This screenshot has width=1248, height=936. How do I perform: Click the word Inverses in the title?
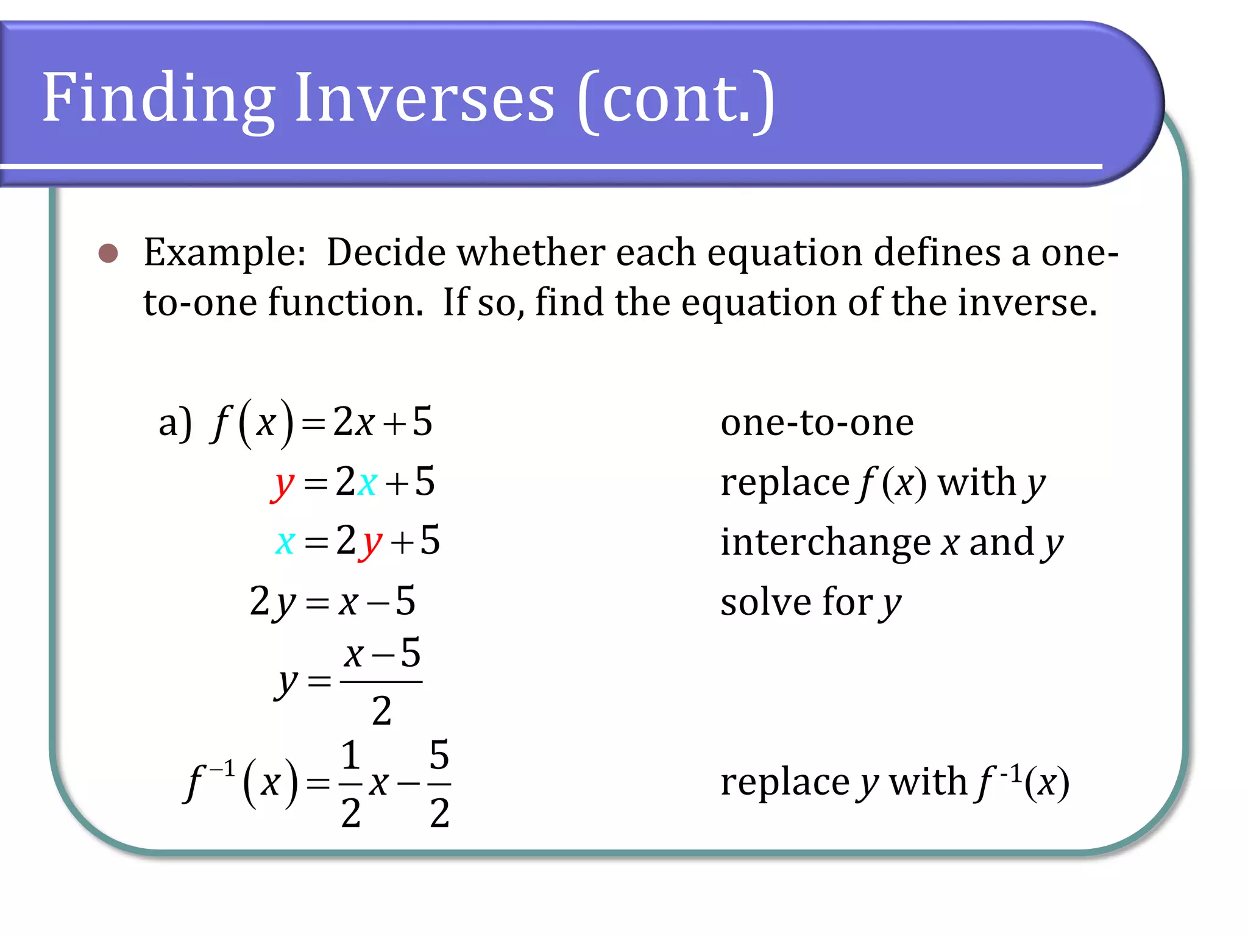click(424, 97)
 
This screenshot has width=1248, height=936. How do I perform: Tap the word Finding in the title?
click(158, 97)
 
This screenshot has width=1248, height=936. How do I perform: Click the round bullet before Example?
click(108, 253)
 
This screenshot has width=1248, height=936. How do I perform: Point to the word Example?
click(224, 253)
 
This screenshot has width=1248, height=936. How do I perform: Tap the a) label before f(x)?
click(175, 423)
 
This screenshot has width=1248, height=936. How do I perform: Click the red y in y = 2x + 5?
click(282, 484)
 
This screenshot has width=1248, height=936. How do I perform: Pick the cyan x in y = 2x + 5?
click(367, 483)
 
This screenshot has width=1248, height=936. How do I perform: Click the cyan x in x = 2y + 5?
click(285, 542)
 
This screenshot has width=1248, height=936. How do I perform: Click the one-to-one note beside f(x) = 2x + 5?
click(817, 422)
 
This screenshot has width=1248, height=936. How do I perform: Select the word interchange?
click(826, 542)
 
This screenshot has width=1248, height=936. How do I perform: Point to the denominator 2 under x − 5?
click(381, 711)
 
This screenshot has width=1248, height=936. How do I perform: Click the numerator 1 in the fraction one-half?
click(350, 756)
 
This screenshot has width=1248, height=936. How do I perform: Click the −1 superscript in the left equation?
click(222, 769)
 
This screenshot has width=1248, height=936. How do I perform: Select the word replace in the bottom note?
click(785, 782)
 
